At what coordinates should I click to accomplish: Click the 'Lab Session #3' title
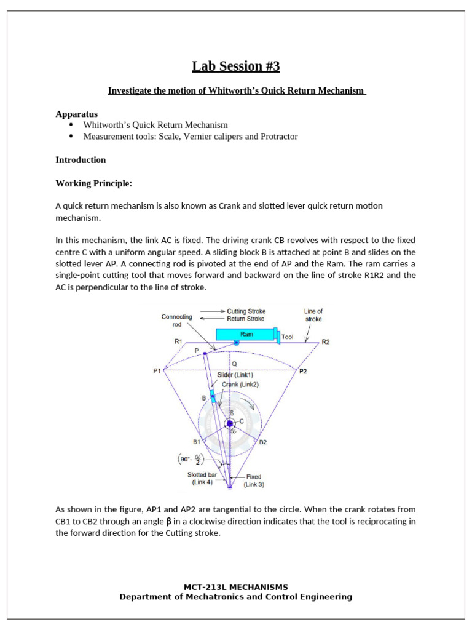(x=235, y=66)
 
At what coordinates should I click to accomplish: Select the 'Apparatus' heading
(x=76, y=114)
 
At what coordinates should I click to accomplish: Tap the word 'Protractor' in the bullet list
(x=278, y=137)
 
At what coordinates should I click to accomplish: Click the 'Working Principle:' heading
(x=93, y=183)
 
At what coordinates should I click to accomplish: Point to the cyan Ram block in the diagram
(x=246, y=334)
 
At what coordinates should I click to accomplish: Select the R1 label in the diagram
(x=178, y=341)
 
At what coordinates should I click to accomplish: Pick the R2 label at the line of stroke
(x=326, y=342)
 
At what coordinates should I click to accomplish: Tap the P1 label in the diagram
(x=157, y=371)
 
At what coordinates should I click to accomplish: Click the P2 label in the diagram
(x=303, y=371)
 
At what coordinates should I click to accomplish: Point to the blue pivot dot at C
(x=230, y=423)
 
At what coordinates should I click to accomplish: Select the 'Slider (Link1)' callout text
(x=235, y=375)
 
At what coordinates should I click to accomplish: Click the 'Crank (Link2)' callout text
(x=240, y=385)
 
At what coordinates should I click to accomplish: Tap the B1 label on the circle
(x=197, y=442)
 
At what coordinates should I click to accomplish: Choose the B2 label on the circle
(x=262, y=442)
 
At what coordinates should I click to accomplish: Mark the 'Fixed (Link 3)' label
(x=254, y=480)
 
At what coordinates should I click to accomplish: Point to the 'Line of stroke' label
(x=313, y=315)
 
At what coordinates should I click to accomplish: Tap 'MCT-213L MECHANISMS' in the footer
(x=235, y=587)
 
